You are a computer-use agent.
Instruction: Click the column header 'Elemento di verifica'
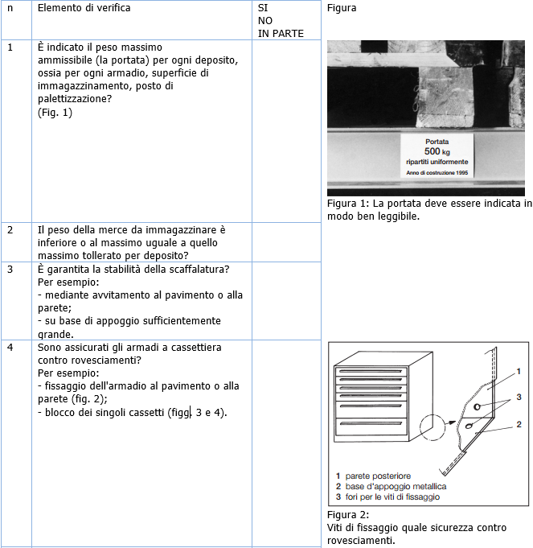[84, 8]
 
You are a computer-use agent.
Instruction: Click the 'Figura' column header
[342, 8]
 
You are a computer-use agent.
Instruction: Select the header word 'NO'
[266, 21]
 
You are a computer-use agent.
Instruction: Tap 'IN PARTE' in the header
[281, 34]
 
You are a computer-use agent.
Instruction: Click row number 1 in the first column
[10, 47]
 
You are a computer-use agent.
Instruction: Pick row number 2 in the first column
[10, 230]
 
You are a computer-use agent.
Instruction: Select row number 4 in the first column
[10, 348]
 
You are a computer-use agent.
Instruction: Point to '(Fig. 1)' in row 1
[55, 113]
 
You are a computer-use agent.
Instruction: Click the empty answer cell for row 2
[287, 242]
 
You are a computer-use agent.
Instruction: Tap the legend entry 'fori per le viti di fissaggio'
[392, 497]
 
